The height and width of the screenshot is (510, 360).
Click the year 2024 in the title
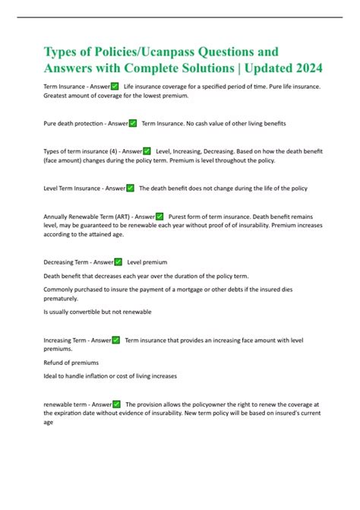305,68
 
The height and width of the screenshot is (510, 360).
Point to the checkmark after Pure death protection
133,122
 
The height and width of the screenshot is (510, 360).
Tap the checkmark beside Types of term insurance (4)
147,152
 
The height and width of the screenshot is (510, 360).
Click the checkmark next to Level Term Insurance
131,188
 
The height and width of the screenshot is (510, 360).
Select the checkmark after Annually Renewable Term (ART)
159,217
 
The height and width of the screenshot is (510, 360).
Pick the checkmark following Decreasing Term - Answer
118,261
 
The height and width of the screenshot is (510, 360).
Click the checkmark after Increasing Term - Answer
115,340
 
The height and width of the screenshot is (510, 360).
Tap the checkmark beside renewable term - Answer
117,404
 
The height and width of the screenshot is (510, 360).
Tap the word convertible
85,312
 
